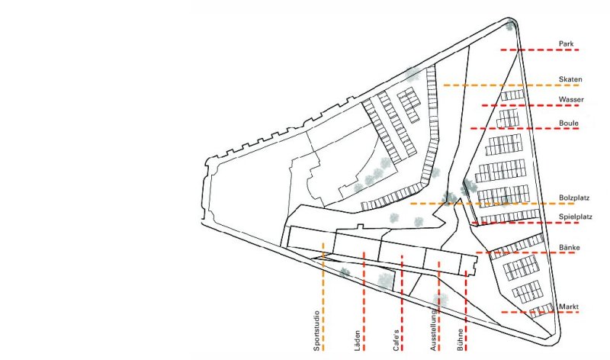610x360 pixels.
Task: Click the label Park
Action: (566, 43)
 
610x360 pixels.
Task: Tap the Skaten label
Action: (570, 79)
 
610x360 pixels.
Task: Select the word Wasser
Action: (571, 100)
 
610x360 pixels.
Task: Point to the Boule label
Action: (568, 123)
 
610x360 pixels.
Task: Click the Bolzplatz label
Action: (574, 198)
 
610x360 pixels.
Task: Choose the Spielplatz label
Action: (576, 217)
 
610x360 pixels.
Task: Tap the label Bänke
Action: (569, 247)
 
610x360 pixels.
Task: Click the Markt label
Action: (568, 307)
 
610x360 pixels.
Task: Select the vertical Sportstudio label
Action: (316, 331)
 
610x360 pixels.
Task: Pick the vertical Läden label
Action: (357, 341)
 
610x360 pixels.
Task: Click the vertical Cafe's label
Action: (396, 340)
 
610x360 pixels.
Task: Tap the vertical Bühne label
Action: (461, 340)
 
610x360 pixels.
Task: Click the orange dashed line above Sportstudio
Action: (323, 297)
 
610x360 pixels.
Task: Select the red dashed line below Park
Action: (540, 50)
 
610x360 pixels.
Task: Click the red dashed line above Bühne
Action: (466, 310)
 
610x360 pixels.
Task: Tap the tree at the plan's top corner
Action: (509, 27)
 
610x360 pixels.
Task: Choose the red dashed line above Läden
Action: (364, 301)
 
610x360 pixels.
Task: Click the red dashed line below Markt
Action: (540, 312)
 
